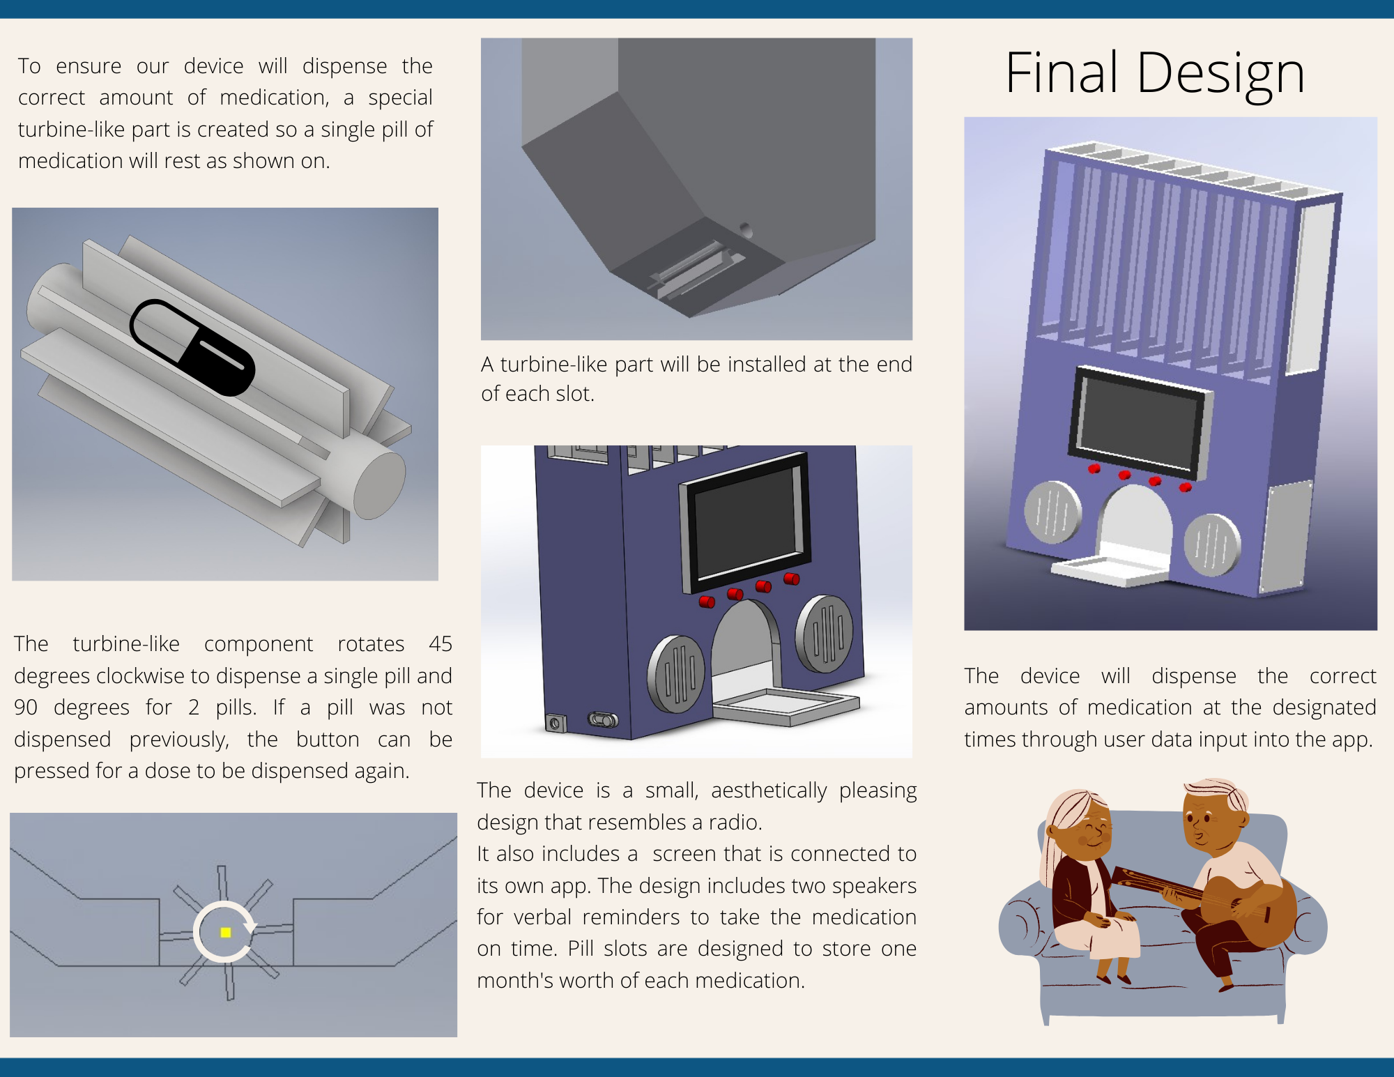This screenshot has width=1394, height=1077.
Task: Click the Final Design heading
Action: tap(1155, 73)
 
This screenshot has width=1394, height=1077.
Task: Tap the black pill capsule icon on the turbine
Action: tap(192, 347)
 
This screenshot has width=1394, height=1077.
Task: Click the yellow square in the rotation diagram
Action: tap(225, 932)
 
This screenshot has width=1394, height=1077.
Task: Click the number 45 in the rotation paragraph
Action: tap(440, 643)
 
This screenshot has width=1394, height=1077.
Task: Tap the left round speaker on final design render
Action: tap(1052, 512)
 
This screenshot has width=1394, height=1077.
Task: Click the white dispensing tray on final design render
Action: tap(1108, 570)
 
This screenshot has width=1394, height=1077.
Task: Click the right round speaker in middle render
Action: tap(825, 634)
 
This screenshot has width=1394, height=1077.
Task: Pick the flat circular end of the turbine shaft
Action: tap(379, 484)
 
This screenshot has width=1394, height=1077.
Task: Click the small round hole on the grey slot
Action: tap(746, 229)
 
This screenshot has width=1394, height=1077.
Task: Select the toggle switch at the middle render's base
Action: tap(603, 719)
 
